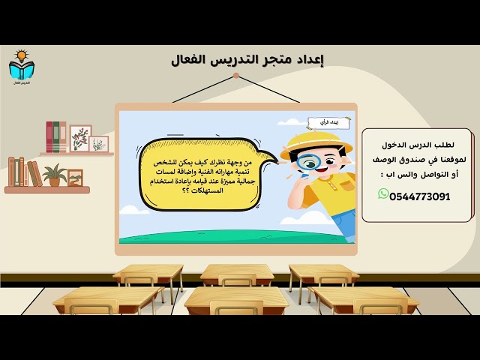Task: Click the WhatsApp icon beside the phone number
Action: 384,194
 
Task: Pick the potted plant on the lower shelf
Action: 54,175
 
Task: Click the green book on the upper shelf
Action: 61,137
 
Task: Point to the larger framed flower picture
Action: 80,138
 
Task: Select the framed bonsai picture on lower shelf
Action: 75,178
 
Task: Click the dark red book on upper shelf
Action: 49,137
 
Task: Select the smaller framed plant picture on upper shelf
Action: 100,143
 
